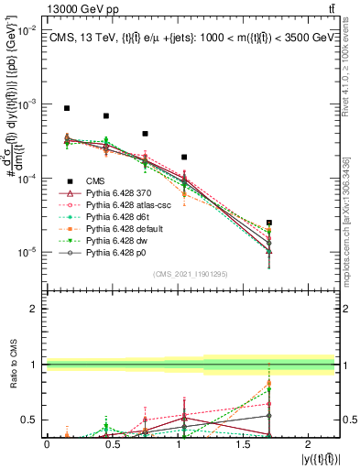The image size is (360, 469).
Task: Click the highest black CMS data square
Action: click(67, 108)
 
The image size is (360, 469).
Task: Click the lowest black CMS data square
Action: click(269, 223)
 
